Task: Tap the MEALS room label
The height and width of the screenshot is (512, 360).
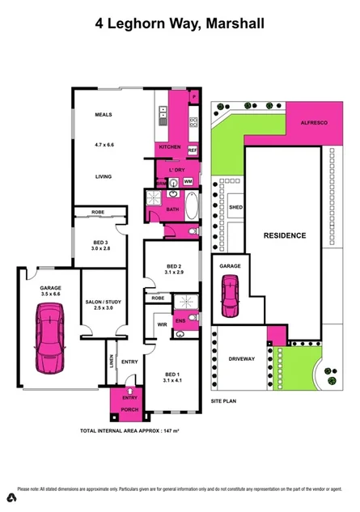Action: tap(103, 115)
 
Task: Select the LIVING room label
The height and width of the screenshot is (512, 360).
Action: tap(103, 176)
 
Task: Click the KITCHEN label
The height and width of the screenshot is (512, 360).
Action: tap(170, 147)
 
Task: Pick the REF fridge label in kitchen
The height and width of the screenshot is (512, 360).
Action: tap(193, 150)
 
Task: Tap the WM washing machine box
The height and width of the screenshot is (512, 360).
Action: tap(188, 182)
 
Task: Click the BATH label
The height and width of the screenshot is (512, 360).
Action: tap(172, 209)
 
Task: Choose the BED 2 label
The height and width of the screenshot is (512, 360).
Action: tap(174, 267)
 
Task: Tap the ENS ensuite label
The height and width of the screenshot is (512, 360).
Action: tap(180, 320)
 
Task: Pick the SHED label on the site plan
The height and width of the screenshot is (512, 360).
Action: tap(235, 207)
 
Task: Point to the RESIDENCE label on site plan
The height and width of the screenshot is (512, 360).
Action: tap(285, 235)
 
